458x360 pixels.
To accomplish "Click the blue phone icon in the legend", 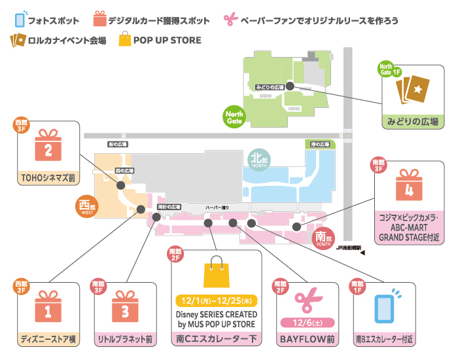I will (20, 18).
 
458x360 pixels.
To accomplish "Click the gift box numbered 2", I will (47, 147).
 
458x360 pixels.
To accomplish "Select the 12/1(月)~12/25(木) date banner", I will (217, 302).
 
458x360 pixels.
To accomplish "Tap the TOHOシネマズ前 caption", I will (47, 177).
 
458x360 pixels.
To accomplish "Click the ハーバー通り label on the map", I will (217, 207).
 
